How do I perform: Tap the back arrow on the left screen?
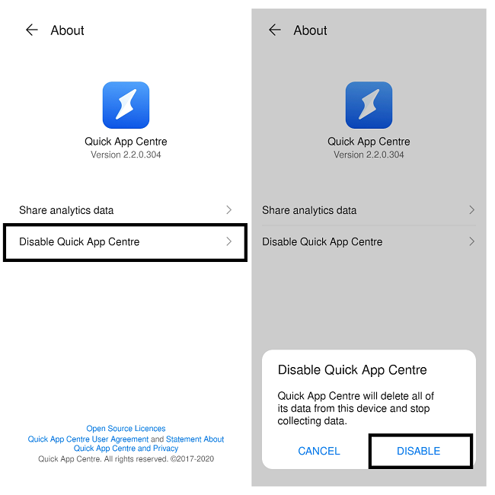coord(31,30)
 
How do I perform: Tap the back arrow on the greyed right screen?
coord(275,30)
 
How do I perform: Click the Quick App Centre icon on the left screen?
coord(126,105)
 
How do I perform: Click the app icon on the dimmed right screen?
coord(369,105)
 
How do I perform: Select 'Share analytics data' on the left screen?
coord(66,210)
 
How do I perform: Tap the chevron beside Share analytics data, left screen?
coord(229,210)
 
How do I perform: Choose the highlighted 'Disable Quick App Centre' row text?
coord(79,242)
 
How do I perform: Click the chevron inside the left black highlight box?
coord(229,242)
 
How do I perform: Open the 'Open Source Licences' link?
coord(126,429)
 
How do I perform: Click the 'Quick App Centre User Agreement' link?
coord(88,439)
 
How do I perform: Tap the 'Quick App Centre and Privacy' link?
coord(126,449)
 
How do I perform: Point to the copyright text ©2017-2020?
coord(190,459)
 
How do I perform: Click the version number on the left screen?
coord(126,155)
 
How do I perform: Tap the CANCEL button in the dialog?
coord(319,451)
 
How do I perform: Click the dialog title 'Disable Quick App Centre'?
coord(352,370)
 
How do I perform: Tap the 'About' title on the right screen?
coord(310,30)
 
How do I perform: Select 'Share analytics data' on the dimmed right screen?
coord(309,210)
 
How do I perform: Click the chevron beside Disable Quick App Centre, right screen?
coord(472,242)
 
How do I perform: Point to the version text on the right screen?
coord(369,155)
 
